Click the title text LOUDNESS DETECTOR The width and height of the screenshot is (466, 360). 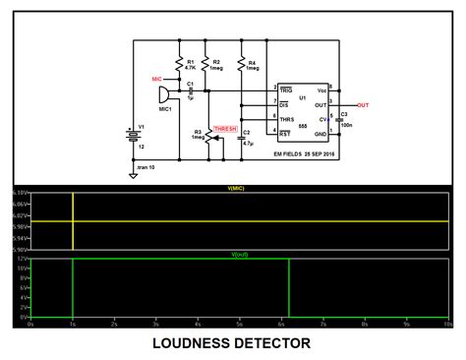point(233,343)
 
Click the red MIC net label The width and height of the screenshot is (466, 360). point(157,77)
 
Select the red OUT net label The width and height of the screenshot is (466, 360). point(364,104)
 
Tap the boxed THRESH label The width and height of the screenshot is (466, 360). point(227,128)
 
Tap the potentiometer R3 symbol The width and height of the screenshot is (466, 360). point(206,134)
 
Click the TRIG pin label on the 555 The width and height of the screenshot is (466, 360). point(284,90)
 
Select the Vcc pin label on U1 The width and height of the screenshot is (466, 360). point(320,90)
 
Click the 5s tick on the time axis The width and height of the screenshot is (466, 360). point(241,323)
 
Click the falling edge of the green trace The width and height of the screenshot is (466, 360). point(289,290)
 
